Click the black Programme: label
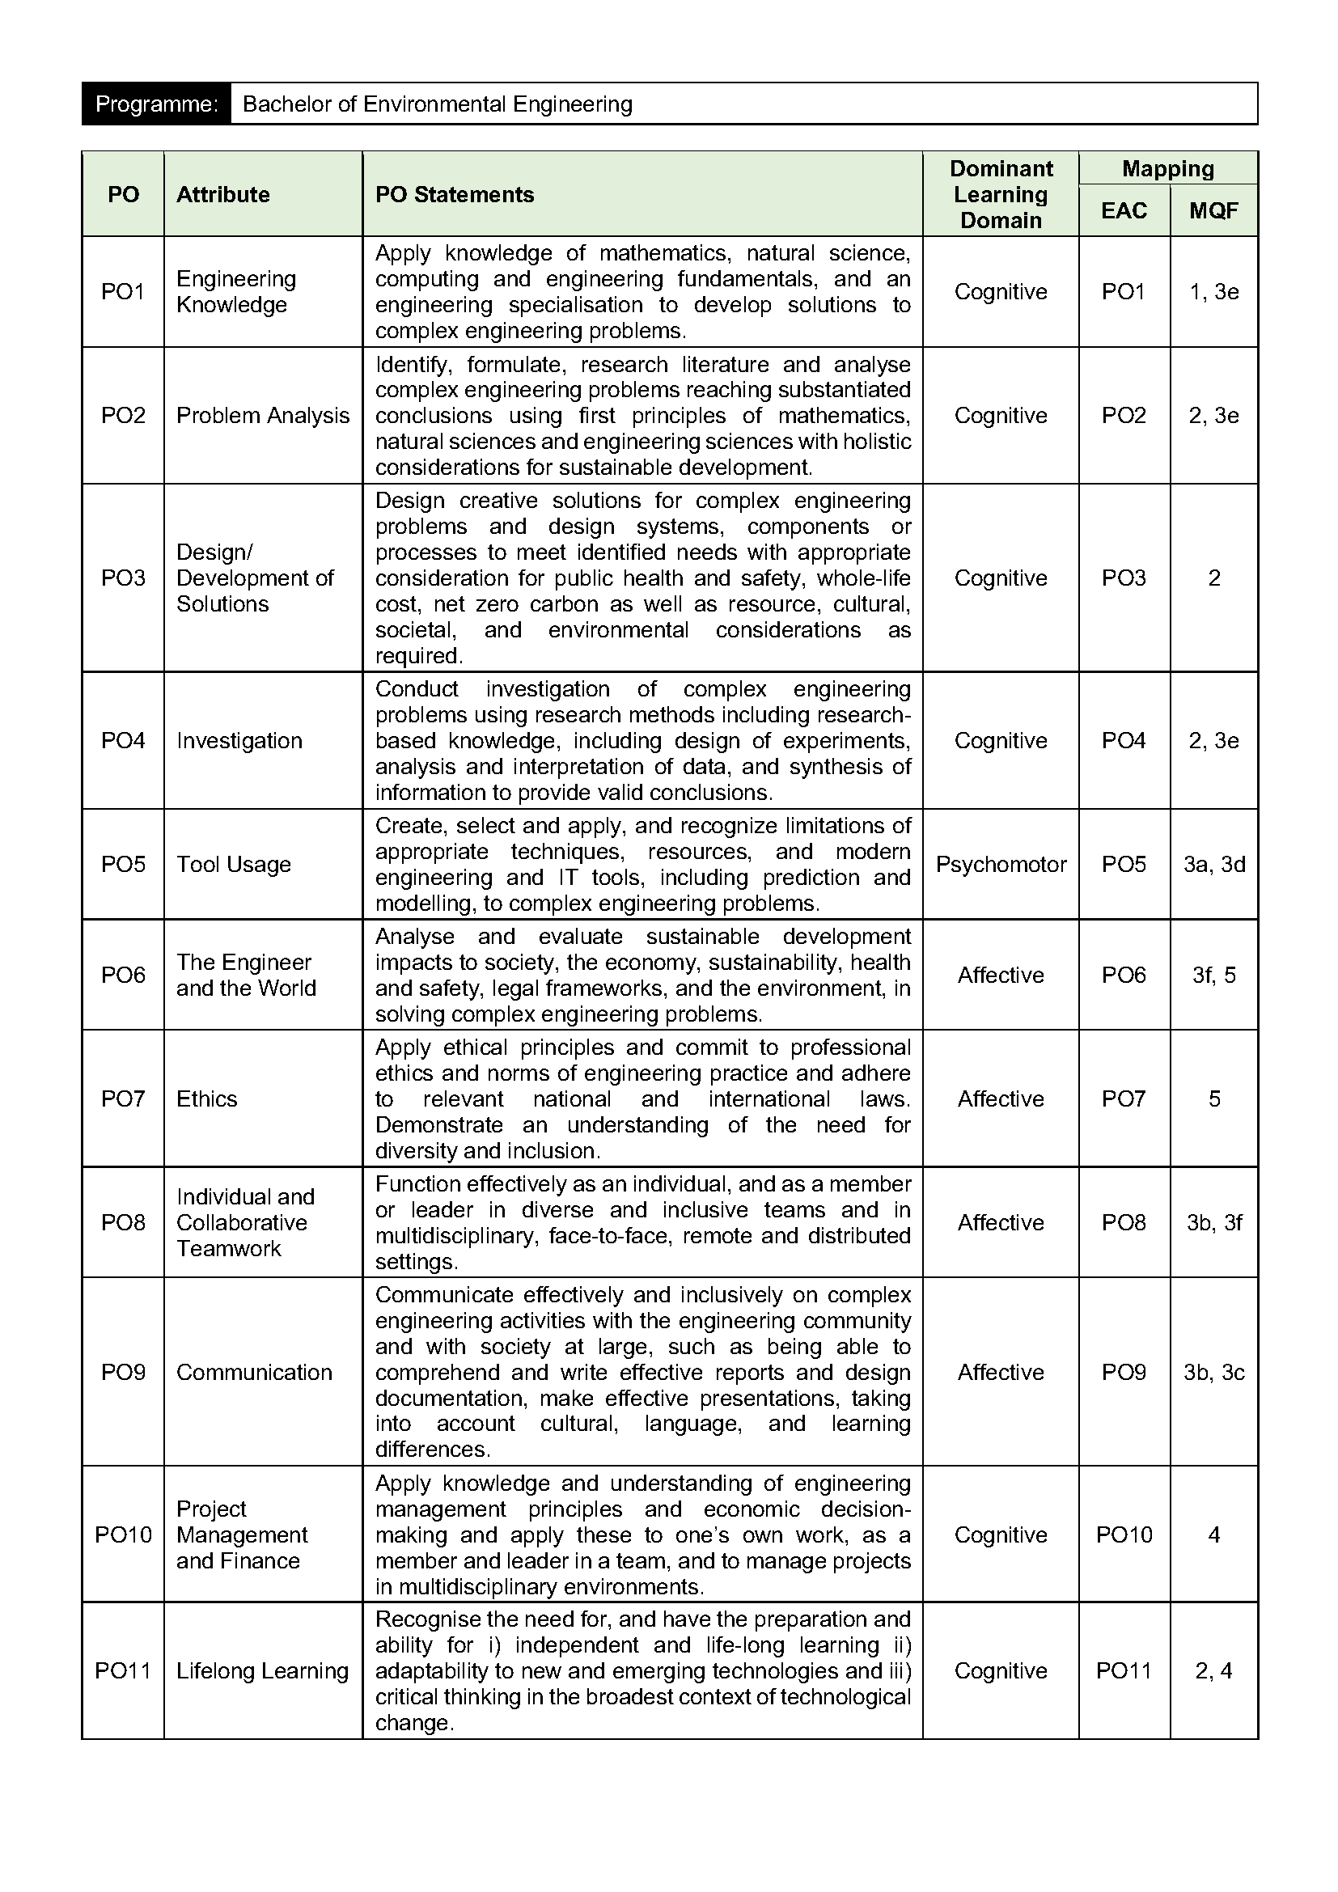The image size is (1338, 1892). (x=155, y=104)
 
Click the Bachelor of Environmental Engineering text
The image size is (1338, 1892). (x=438, y=104)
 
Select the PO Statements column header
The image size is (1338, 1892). (x=455, y=194)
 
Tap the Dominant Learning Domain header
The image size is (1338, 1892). (x=1000, y=194)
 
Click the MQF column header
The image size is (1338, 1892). (x=1213, y=211)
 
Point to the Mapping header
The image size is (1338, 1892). (x=1167, y=169)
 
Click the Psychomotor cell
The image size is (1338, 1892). (x=1000, y=865)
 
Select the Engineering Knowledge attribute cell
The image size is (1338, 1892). (x=236, y=292)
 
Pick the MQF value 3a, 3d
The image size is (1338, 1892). (x=1213, y=865)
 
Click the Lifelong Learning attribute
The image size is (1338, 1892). (x=262, y=1670)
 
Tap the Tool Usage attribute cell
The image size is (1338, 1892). (x=234, y=865)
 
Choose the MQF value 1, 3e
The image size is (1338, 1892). (x=1213, y=292)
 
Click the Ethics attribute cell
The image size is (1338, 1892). (x=207, y=1098)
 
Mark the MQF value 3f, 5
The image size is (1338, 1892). (x=1213, y=975)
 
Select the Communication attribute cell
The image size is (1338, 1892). (x=255, y=1372)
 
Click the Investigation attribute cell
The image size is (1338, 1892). (x=239, y=741)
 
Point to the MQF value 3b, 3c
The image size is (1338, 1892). (x=1213, y=1372)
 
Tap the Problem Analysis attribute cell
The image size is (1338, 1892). (x=263, y=415)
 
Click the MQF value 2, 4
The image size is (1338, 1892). (x=1213, y=1670)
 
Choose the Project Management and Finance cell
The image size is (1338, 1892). (x=241, y=1534)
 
